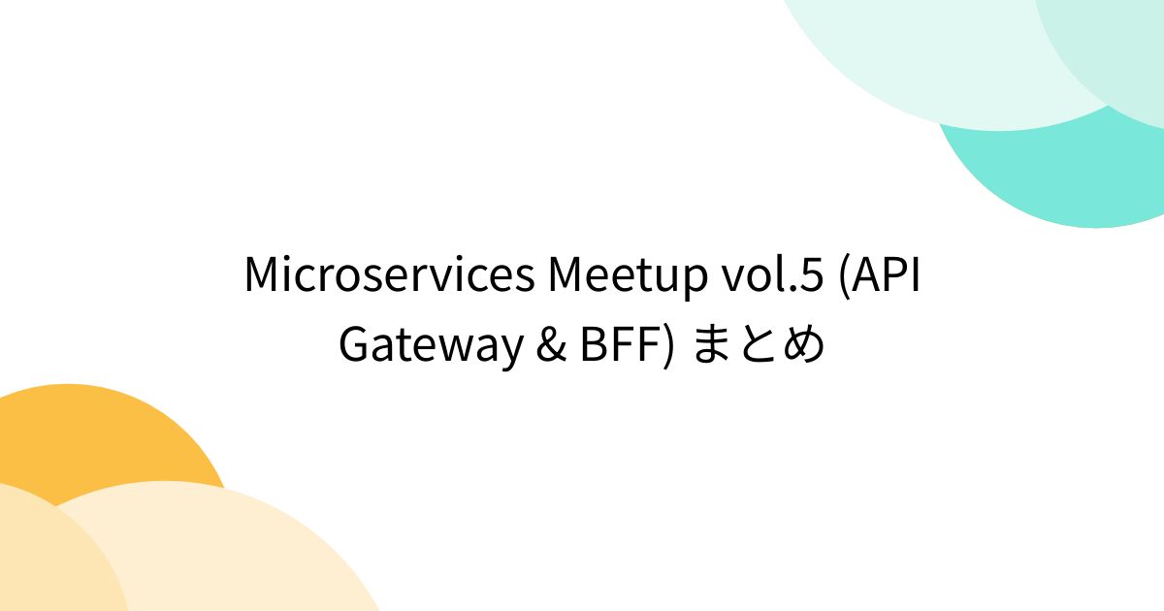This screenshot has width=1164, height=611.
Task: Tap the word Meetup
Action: click(x=627, y=276)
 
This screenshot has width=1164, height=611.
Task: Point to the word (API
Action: click(x=879, y=276)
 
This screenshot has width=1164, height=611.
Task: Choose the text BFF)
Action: click(x=627, y=346)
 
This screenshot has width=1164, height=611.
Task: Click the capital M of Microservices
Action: click(x=263, y=276)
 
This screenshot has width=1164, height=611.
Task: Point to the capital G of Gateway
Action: click(x=355, y=346)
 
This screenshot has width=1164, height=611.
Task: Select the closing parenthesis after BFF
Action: click(x=668, y=347)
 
